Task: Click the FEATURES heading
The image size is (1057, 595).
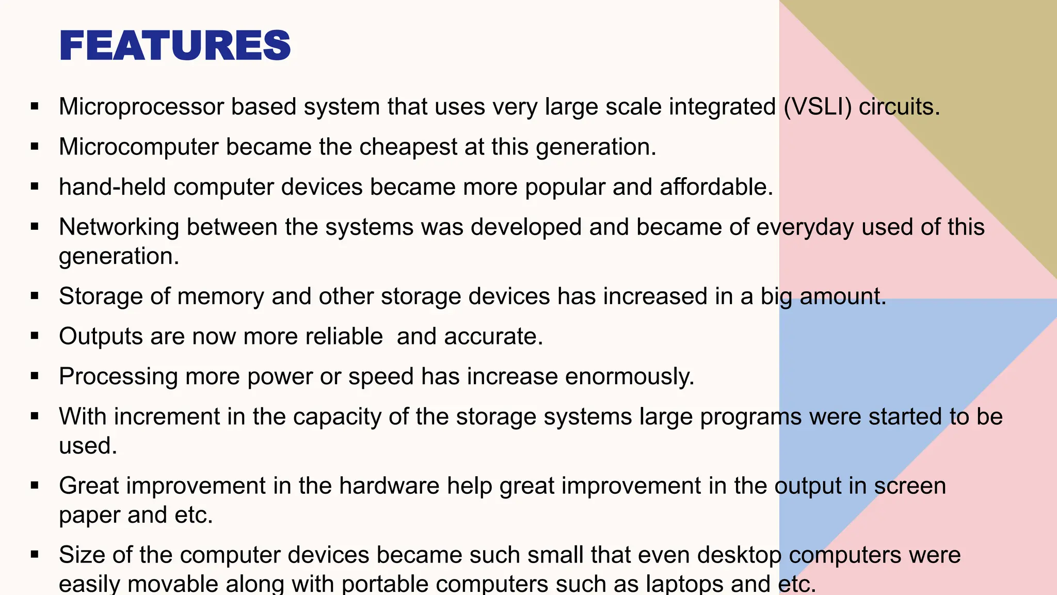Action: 175,46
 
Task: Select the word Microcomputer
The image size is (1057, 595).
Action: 139,147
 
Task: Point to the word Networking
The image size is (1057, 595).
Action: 119,227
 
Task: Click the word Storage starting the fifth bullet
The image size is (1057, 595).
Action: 101,296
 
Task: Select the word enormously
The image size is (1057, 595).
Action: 629,377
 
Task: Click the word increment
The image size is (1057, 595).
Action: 167,417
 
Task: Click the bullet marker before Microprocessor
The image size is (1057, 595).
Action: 35,107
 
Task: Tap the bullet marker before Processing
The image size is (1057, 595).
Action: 35,377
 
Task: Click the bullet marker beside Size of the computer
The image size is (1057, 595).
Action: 35,555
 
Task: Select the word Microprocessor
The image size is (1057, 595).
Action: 141,107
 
